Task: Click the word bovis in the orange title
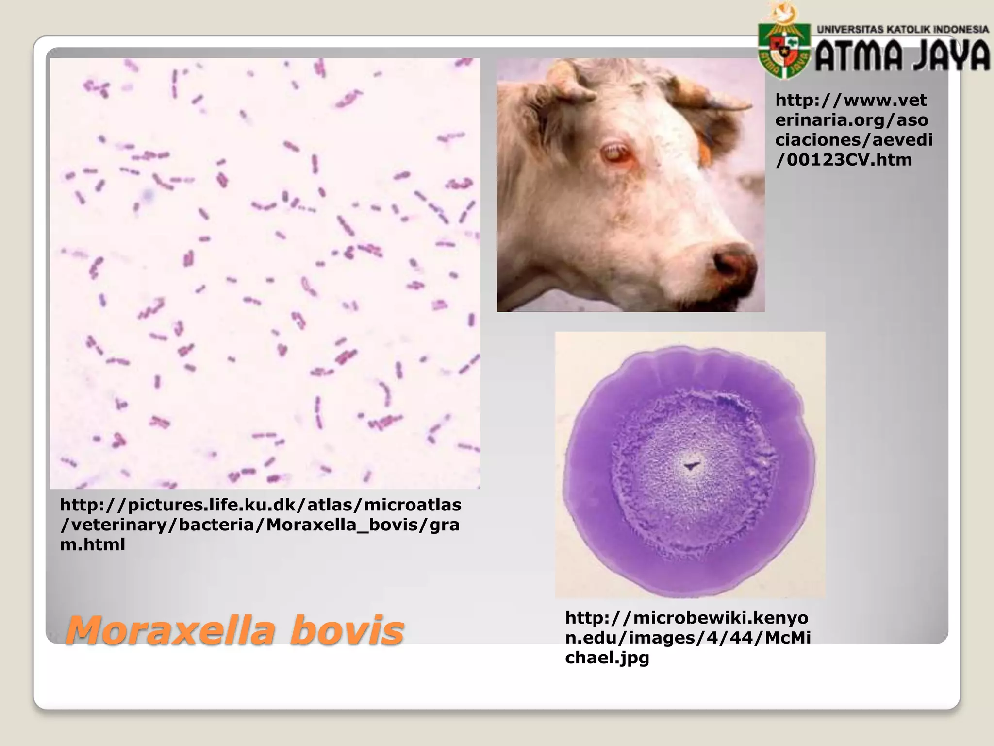pyautogui.click(x=347, y=630)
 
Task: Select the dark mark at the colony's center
pyautogui.click(x=690, y=466)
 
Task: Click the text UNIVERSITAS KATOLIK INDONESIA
pyautogui.click(x=903, y=29)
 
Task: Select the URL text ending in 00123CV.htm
pyautogui.click(x=844, y=160)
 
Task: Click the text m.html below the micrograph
pyautogui.click(x=92, y=544)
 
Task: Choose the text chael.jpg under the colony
pyautogui.click(x=607, y=658)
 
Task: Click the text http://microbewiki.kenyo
pyautogui.click(x=687, y=618)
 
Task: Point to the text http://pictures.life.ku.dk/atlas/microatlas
pyautogui.click(x=261, y=505)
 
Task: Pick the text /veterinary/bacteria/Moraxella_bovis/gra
pyautogui.click(x=260, y=525)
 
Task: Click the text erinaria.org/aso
pyautogui.click(x=852, y=120)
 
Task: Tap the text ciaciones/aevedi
pyautogui.click(x=854, y=140)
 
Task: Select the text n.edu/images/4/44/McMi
pyautogui.click(x=688, y=638)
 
